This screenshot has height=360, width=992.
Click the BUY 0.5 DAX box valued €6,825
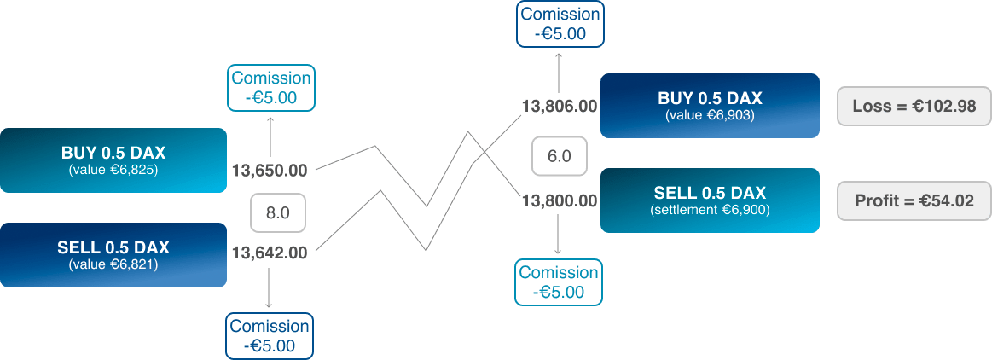[113, 160]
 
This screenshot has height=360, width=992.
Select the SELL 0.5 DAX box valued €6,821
[113, 255]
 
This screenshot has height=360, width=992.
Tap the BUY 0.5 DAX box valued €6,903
[710, 106]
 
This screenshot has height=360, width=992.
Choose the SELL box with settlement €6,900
[710, 200]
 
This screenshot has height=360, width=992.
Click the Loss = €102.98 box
[914, 107]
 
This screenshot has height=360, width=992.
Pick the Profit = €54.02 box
[914, 201]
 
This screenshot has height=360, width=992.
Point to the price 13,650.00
[270, 171]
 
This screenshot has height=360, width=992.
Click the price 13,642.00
[270, 253]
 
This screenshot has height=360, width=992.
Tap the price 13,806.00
[560, 107]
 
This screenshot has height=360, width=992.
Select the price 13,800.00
[560, 201]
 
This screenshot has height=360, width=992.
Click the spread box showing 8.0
[278, 213]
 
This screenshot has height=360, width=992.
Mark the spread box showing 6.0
[560, 156]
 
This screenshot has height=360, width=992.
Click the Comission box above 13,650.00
[271, 88]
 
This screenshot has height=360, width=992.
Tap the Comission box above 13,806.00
[560, 24]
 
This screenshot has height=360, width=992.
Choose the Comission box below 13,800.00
[559, 282]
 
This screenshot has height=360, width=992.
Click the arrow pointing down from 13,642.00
[270, 288]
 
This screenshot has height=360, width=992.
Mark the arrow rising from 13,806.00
[559, 72]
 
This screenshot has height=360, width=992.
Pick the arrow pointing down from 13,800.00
[559, 234]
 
